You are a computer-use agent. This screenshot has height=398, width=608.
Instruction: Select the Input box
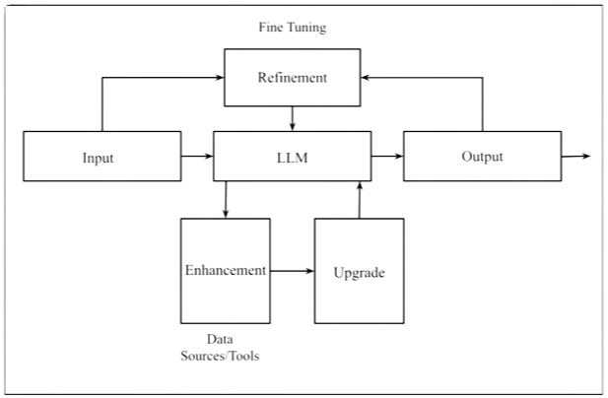pyautogui.click(x=98, y=157)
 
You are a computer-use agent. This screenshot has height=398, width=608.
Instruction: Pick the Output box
pyautogui.click(x=481, y=157)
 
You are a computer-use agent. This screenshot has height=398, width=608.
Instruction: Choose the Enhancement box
pyautogui.click(x=225, y=270)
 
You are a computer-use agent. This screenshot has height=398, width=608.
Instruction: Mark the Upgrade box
pyautogui.click(x=359, y=271)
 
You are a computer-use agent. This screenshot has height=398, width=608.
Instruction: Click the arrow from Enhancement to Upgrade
pyautogui.click(x=292, y=269)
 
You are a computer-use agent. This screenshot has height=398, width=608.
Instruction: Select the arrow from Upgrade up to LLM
pyautogui.click(x=359, y=199)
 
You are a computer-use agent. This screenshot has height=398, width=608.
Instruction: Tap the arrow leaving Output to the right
pyautogui.click(x=576, y=156)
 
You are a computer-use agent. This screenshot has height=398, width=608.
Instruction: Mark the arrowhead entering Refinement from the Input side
pyautogui.click(x=219, y=78)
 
